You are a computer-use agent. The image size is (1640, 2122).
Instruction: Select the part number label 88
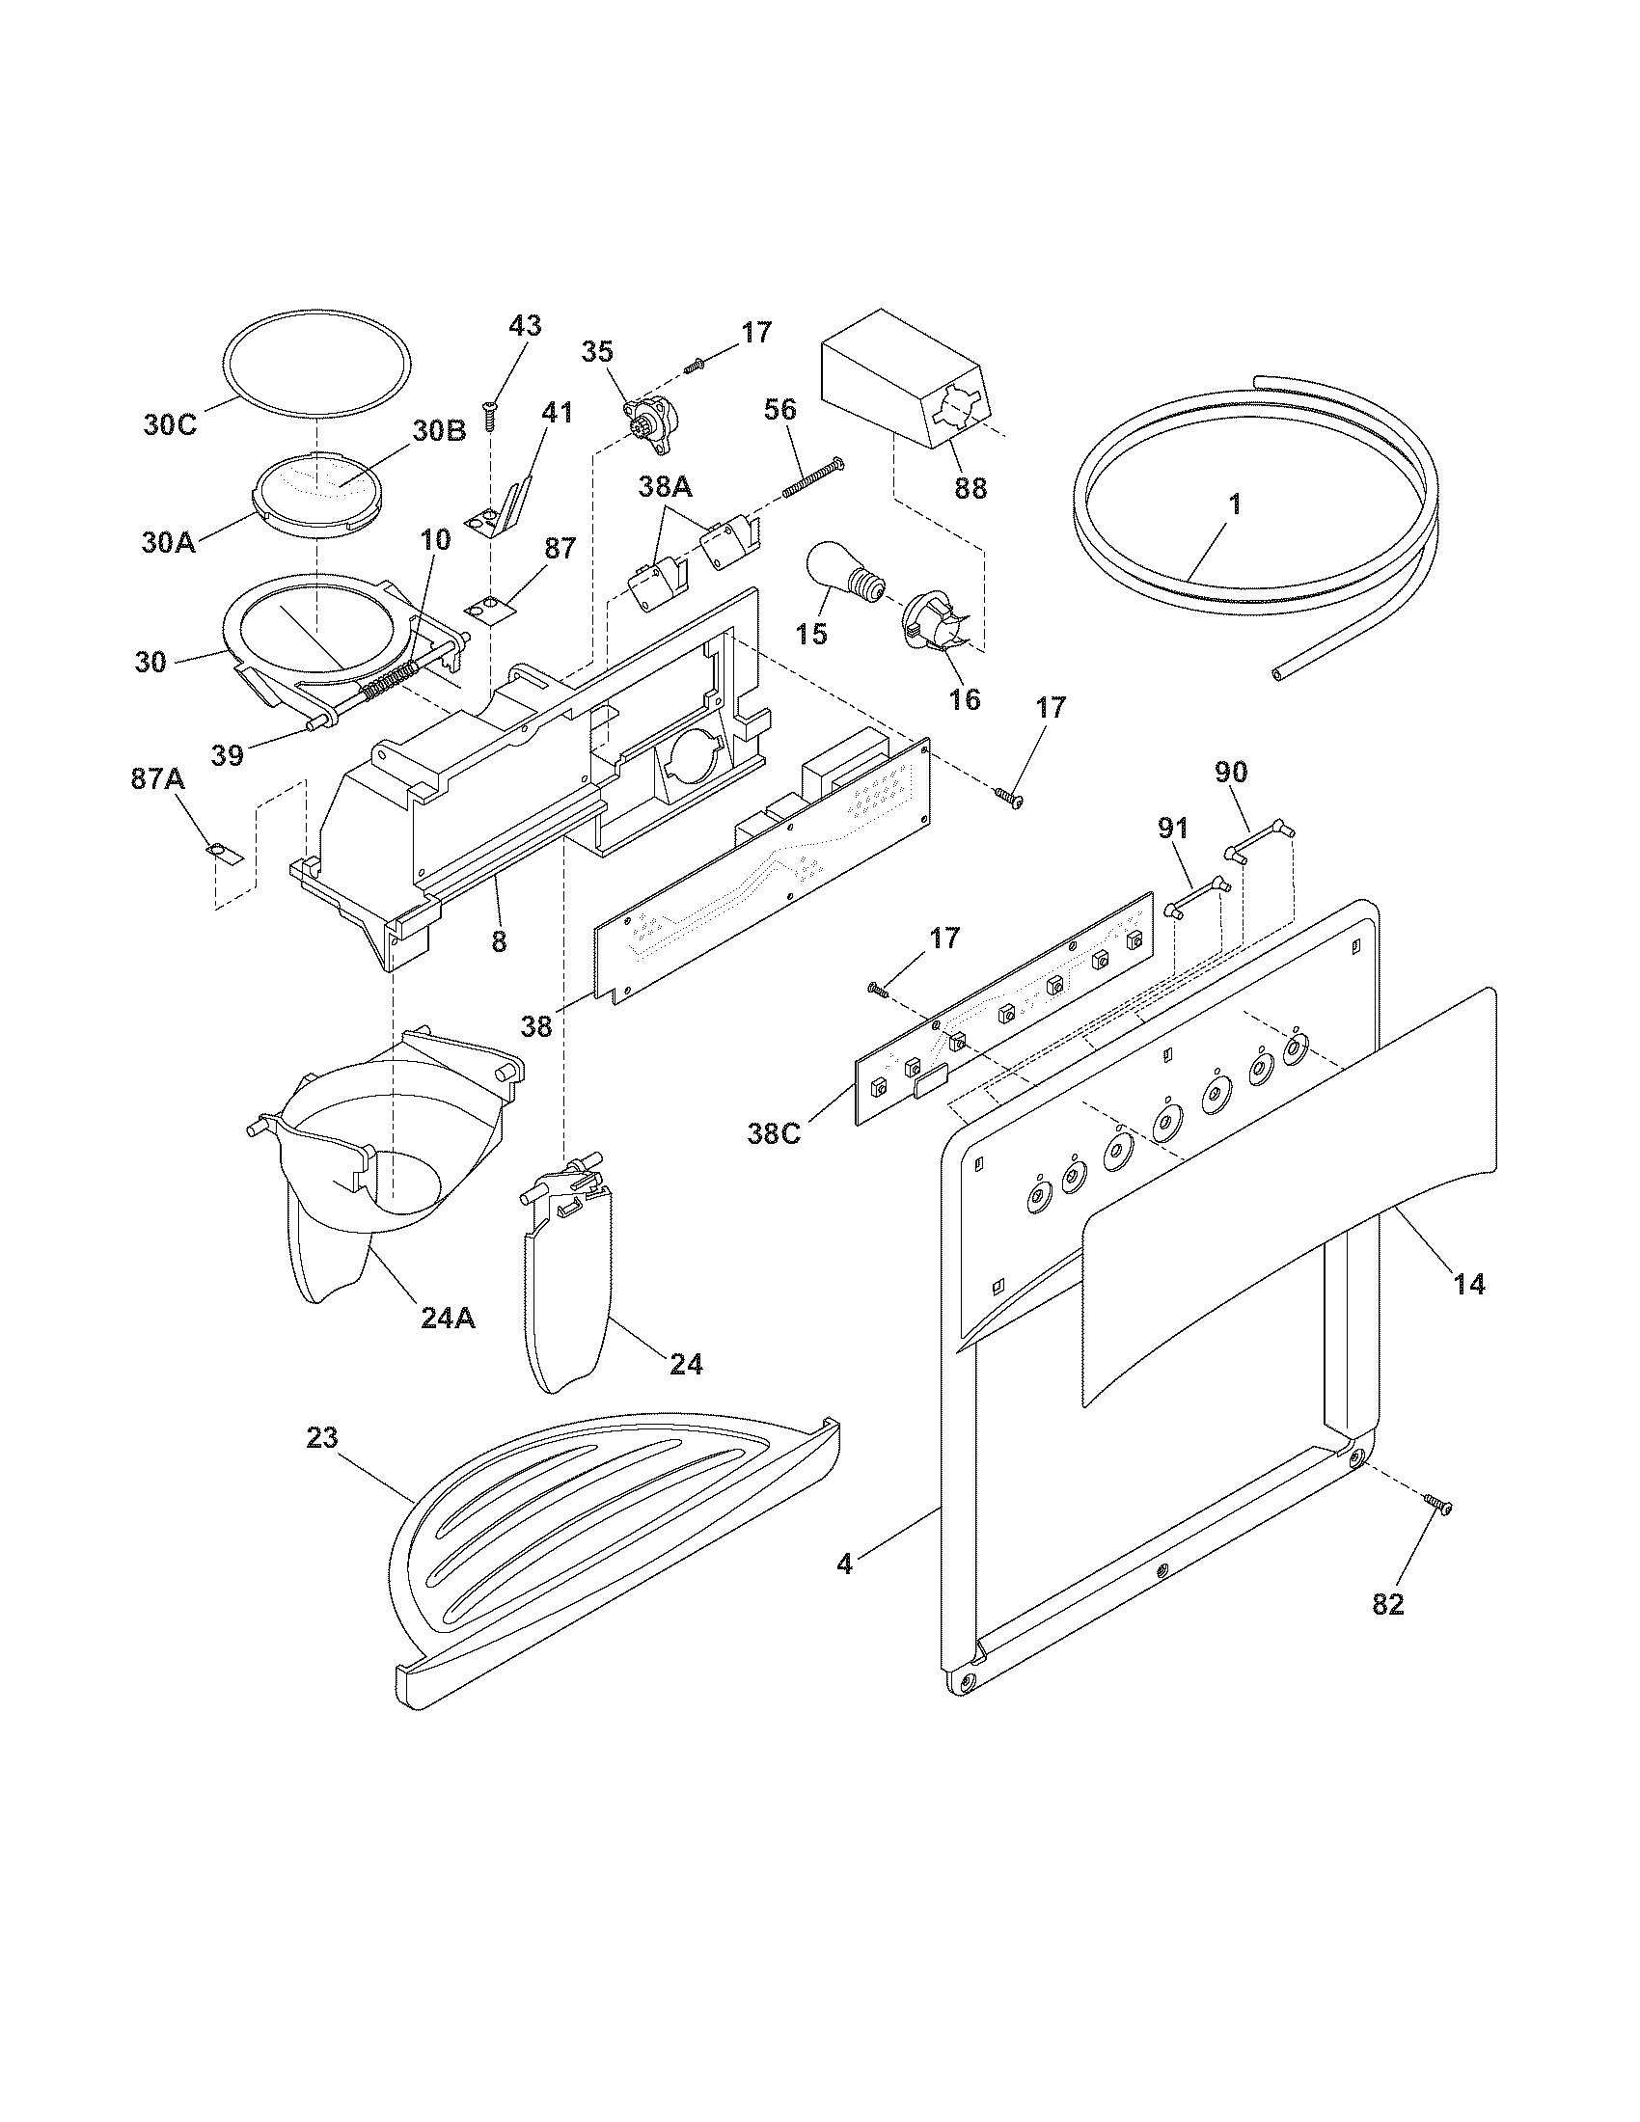point(970,488)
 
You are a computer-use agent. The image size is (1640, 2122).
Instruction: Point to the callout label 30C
point(171,425)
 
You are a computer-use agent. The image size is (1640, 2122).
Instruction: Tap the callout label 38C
point(774,1133)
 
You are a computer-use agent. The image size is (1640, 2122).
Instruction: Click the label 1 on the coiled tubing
point(1234,504)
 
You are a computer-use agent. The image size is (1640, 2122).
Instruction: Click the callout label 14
point(1469,1284)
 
